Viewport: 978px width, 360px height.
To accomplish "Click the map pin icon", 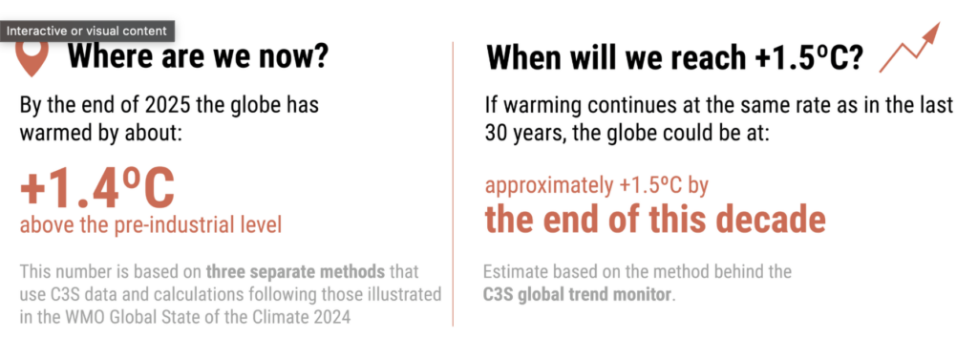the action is pos(32,58).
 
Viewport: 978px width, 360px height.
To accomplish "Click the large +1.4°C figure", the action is pos(97,188).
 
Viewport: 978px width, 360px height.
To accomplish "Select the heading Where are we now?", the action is pos(198,56).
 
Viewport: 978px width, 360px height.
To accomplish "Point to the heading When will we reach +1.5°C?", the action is pos(675,58).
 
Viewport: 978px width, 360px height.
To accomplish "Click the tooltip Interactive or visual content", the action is pos(87,31).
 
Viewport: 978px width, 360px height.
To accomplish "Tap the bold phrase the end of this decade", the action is pos(655,219).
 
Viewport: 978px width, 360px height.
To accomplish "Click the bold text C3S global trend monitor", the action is pos(578,294).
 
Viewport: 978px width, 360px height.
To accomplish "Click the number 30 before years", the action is pos(497,134).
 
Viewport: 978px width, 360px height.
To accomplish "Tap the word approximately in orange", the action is pos(541,186).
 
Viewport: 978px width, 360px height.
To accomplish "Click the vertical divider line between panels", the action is pos(453,183).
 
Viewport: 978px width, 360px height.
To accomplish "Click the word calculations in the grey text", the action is pos(196,294).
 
